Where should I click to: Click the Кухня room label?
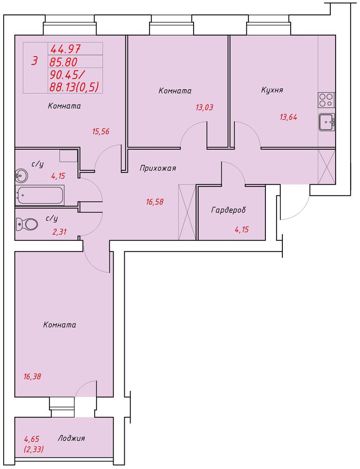click(272, 90)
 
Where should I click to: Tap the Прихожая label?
click(158, 169)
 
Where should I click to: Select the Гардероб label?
click(229, 210)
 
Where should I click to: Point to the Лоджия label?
click(71, 438)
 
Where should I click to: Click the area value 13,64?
click(288, 117)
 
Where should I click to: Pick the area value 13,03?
click(204, 107)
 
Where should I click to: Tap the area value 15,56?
click(101, 131)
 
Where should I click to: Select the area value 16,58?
click(155, 202)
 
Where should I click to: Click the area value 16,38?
click(32, 376)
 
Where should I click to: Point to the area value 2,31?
click(59, 232)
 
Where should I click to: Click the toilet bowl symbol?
click(26, 224)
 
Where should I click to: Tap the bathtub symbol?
click(40, 195)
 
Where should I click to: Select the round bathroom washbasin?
click(21, 175)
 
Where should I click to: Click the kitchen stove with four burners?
click(326, 100)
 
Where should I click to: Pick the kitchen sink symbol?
click(327, 122)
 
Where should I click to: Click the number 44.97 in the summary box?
click(65, 48)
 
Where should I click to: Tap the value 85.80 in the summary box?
click(64, 62)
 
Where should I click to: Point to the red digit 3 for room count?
click(35, 61)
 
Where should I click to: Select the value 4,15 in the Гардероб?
click(242, 230)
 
